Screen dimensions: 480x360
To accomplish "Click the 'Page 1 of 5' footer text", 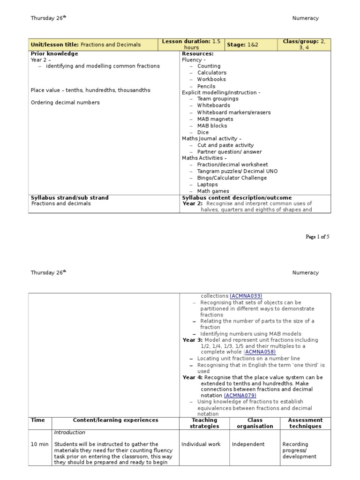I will pos(317,237).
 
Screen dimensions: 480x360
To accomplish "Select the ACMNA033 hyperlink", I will pos(246,296).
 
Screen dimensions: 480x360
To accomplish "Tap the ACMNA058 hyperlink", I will pos(260,352).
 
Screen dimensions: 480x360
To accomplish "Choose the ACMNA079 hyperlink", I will pos(240,396).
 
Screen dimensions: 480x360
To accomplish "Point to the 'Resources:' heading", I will pos(197,54).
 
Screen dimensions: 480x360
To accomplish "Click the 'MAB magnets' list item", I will pos(215,119).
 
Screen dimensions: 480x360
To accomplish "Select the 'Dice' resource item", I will pos(203,133).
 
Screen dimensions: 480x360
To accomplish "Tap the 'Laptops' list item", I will pos(207,185).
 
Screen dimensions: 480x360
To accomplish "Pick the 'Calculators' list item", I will pos(211,73).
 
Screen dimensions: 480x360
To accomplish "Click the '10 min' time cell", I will pos(39,444).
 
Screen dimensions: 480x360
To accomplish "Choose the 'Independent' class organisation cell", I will pos(248,444).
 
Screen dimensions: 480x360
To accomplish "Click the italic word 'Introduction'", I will pos(69,433).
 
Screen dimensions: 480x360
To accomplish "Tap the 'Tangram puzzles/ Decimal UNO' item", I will pos(237,172).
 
